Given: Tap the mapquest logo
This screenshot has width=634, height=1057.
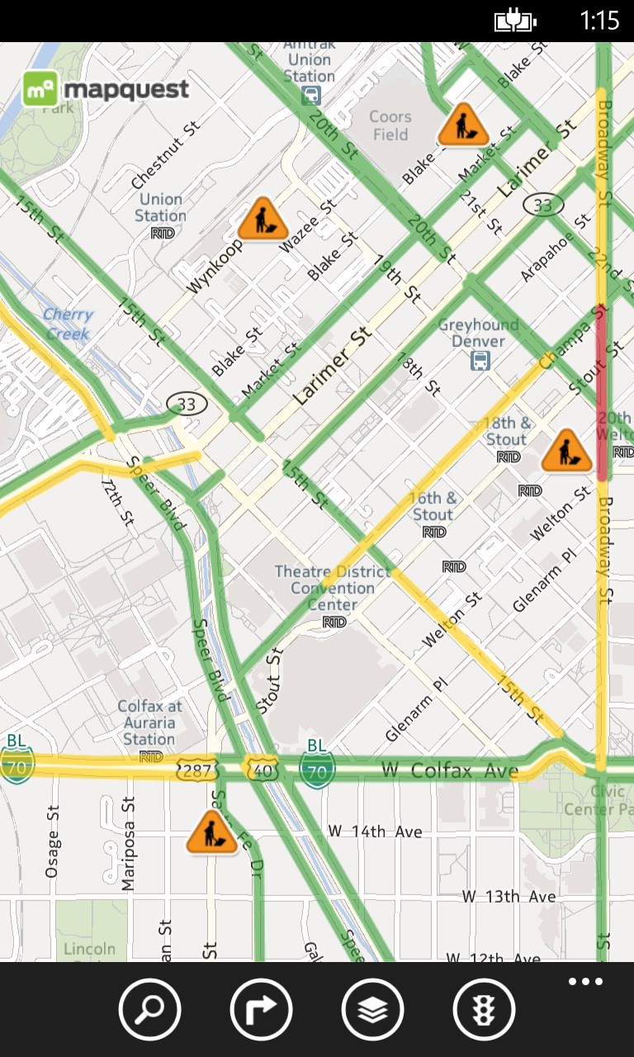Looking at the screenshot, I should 105,89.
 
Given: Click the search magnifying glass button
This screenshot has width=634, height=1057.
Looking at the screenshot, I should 149,1009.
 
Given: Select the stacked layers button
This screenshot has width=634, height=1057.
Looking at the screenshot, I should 372,1009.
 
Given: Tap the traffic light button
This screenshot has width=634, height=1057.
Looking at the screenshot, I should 484,1009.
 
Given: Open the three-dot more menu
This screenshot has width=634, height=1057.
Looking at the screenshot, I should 585,982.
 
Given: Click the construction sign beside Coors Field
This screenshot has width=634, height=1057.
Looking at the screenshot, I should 463,125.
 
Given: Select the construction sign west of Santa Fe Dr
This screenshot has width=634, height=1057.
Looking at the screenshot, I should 212,832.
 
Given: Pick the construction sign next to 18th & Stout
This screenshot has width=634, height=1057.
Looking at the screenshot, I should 567,450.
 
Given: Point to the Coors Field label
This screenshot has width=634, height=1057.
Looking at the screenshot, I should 390,126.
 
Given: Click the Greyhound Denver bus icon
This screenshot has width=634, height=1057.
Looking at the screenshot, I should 480,361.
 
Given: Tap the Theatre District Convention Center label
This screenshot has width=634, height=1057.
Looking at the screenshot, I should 332,588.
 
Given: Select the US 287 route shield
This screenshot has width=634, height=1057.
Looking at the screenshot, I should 197,770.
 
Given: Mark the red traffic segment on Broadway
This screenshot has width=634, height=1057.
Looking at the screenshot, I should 602,392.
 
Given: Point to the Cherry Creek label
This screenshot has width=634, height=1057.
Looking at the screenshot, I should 68,324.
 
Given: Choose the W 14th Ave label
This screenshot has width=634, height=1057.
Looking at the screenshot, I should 375,832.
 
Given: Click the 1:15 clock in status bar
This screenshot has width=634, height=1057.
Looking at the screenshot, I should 599,20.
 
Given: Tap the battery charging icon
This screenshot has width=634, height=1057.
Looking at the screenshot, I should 515,21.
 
